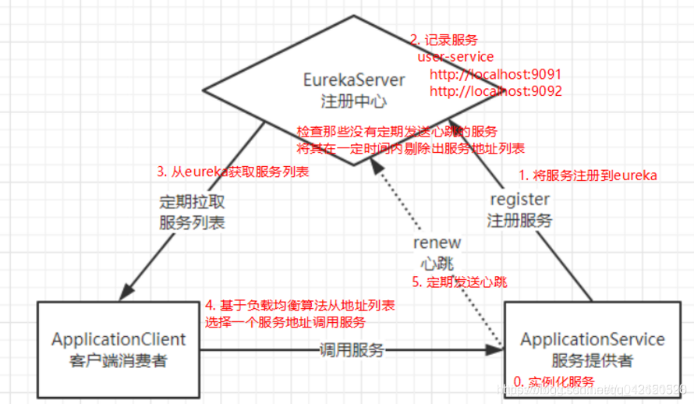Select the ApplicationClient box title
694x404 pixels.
pyautogui.click(x=119, y=339)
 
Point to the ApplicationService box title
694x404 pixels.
pyautogui.click(x=593, y=339)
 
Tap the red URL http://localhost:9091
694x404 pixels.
pyautogui.click(x=495, y=75)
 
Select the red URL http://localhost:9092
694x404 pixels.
pyautogui.click(x=495, y=91)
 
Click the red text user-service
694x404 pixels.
pyautogui.click(x=455, y=58)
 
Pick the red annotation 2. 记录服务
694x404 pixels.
pyautogui.click(x=444, y=40)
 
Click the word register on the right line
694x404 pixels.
pyautogui.click(x=520, y=200)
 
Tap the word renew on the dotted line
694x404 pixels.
pyautogui.click(x=437, y=243)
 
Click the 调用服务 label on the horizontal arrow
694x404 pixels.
pyautogui.click(x=352, y=350)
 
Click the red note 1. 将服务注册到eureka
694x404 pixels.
pyautogui.click(x=588, y=175)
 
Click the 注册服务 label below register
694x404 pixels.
pyautogui.click(x=520, y=221)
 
